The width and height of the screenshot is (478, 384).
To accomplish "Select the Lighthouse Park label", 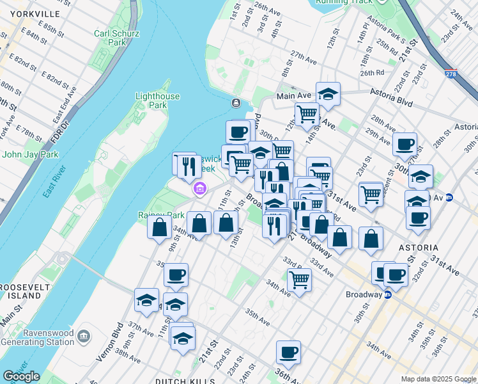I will click(x=157, y=100).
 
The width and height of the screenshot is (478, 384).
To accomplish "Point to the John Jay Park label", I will click(x=30, y=154).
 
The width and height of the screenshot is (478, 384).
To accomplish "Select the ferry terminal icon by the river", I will click(x=236, y=103).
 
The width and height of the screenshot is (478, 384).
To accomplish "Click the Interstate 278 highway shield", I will click(x=451, y=74).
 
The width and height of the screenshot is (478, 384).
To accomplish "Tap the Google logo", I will click(x=21, y=376).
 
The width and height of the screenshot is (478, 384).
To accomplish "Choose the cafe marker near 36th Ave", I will click(x=288, y=352).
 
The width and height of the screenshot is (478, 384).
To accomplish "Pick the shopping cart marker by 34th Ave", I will click(x=299, y=280).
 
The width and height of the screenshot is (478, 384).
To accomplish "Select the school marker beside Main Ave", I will click(x=328, y=94).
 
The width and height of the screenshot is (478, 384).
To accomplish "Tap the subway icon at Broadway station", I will click(x=387, y=295).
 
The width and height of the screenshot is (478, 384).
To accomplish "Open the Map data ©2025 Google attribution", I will click(x=438, y=379).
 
